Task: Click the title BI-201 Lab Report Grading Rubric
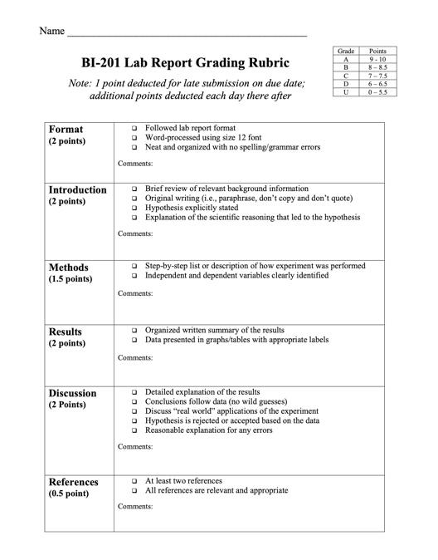[x=186, y=62]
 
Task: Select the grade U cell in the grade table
[x=345, y=92]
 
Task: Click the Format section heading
[x=66, y=130]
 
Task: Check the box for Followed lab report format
[x=134, y=129]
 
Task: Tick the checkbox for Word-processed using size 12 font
[x=134, y=138]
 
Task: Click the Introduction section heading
[x=77, y=189]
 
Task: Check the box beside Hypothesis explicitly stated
[x=134, y=208]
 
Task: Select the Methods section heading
[x=69, y=268]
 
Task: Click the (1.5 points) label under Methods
[x=71, y=279]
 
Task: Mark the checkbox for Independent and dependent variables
[x=134, y=276]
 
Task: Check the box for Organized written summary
[x=134, y=330]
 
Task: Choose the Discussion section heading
[x=73, y=393]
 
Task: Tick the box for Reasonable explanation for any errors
[x=134, y=430]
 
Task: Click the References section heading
[x=74, y=482]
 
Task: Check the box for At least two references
[x=134, y=481]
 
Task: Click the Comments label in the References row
[x=135, y=506]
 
